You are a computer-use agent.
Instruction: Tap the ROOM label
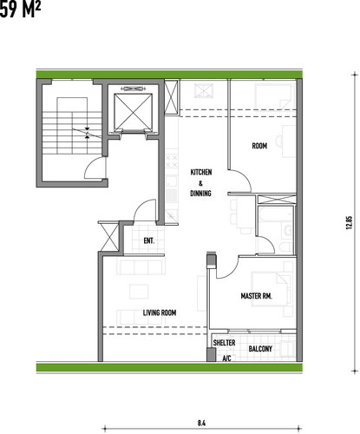[259, 146]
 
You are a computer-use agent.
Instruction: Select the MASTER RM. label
[257, 296]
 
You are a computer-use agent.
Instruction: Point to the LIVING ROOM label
[160, 312]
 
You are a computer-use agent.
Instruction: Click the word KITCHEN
[201, 172]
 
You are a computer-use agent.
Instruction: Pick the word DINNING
[200, 193]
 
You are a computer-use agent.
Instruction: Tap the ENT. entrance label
[149, 240]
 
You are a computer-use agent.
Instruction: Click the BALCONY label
[260, 349]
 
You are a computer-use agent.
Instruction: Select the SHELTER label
[224, 343]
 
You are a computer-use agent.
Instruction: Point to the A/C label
[226, 358]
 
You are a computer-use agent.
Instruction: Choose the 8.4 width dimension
[201, 423]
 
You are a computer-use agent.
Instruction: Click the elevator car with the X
[133, 112]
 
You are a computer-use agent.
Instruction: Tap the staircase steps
[72, 133]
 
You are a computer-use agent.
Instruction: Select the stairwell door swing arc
[91, 164]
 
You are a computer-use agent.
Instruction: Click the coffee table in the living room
[139, 292]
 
